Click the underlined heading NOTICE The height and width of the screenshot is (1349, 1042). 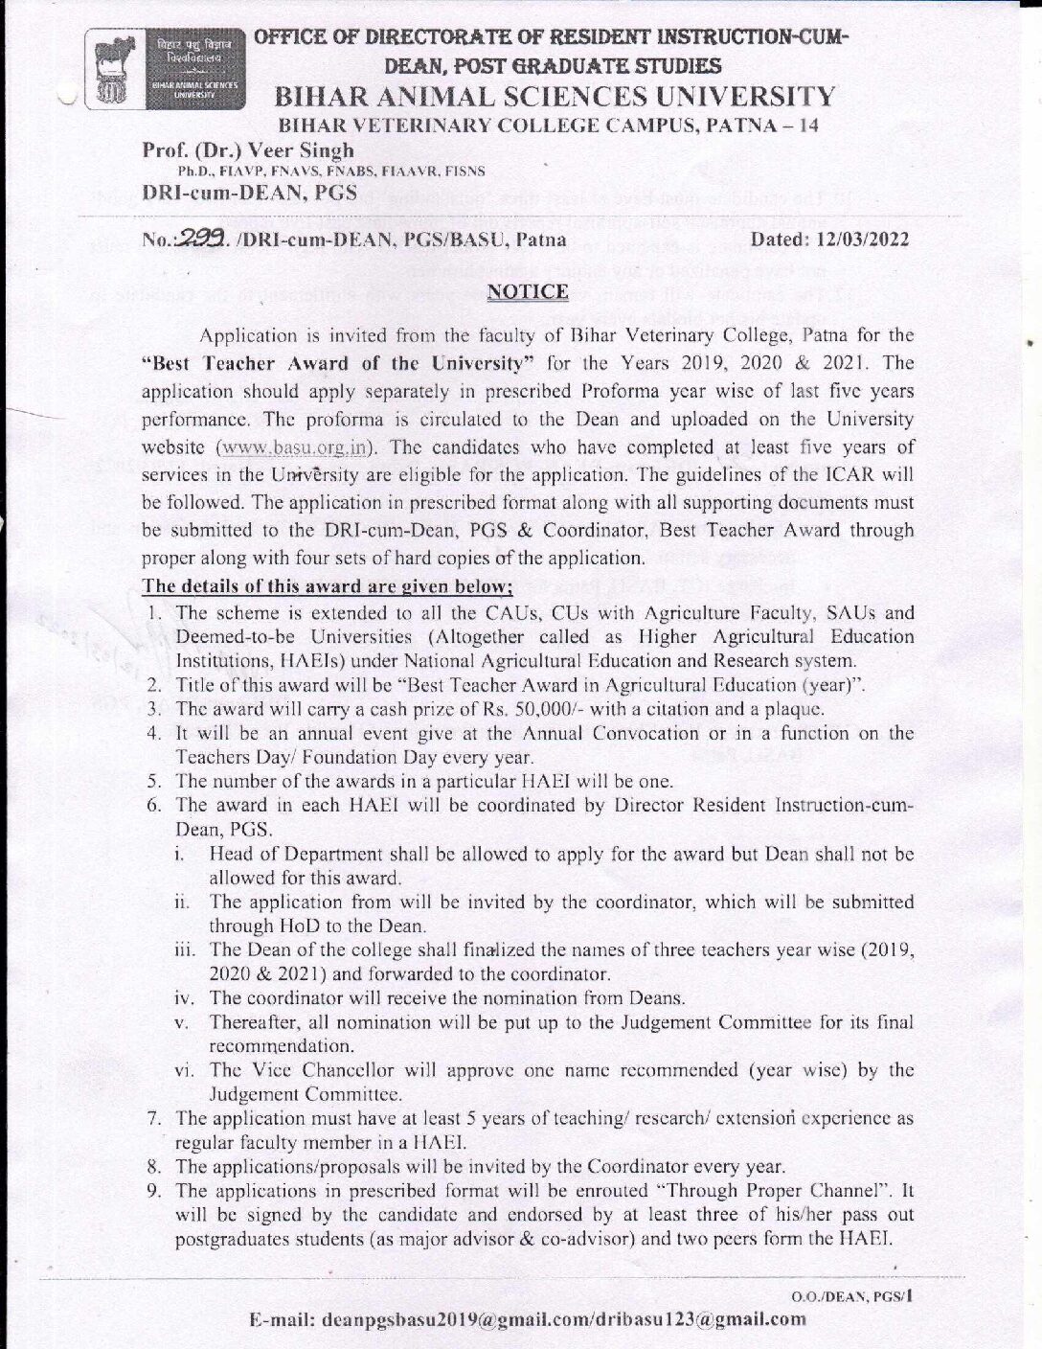click(x=528, y=291)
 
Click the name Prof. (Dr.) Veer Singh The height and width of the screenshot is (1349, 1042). click(x=248, y=150)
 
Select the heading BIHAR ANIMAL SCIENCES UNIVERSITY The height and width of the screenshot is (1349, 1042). click(x=555, y=96)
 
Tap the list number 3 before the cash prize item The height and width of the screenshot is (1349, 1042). click(x=152, y=710)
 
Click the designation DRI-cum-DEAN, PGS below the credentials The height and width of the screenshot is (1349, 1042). click(x=249, y=193)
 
